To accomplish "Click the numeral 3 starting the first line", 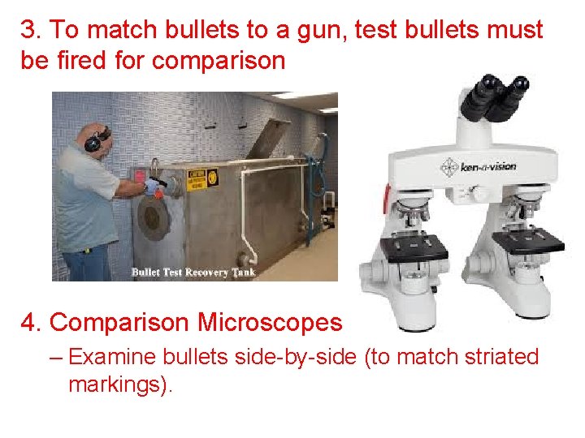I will [28, 31].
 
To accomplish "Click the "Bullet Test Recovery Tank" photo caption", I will [193, 272].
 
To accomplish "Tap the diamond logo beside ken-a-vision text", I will [448, 168].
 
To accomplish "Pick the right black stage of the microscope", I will [529, 241].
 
